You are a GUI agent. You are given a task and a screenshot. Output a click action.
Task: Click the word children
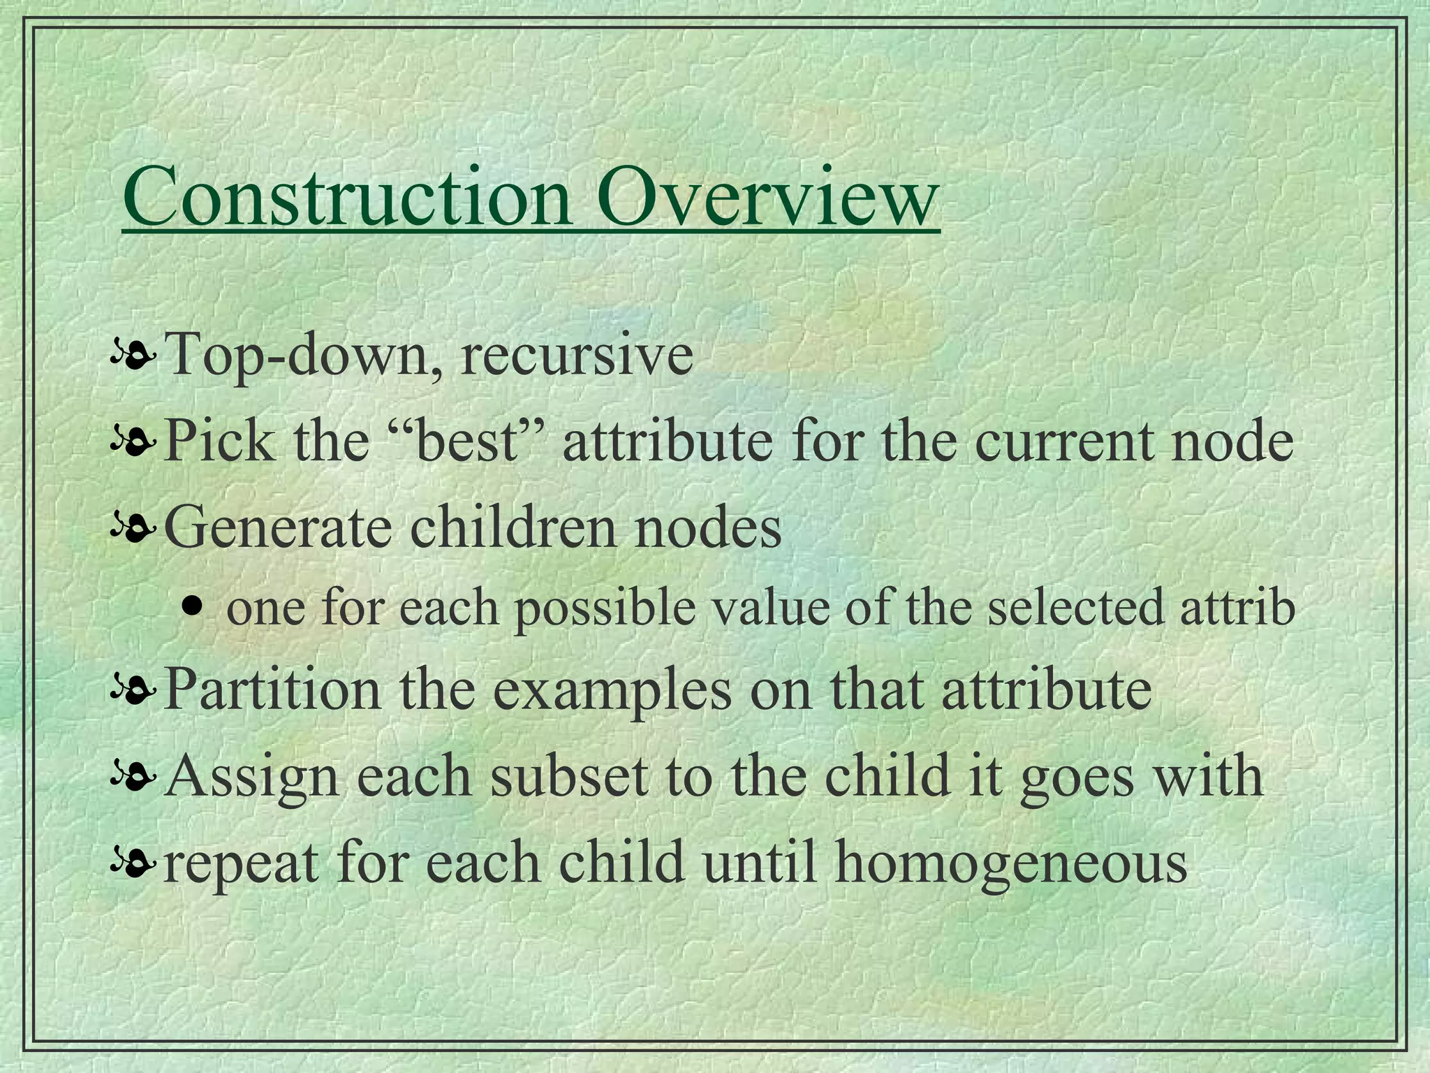[x=514, y=527]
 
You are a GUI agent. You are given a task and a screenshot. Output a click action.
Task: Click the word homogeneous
[x=1011, y=863]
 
